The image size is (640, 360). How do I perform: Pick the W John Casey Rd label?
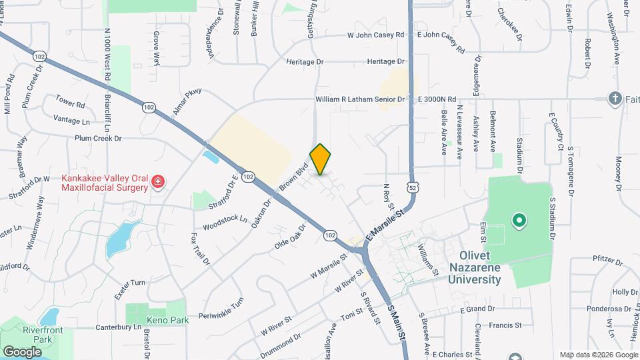point(376,35)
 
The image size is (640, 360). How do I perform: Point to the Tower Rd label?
point(71,105)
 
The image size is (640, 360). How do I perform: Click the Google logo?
point(22,351)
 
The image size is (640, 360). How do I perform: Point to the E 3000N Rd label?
point(436,99)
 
